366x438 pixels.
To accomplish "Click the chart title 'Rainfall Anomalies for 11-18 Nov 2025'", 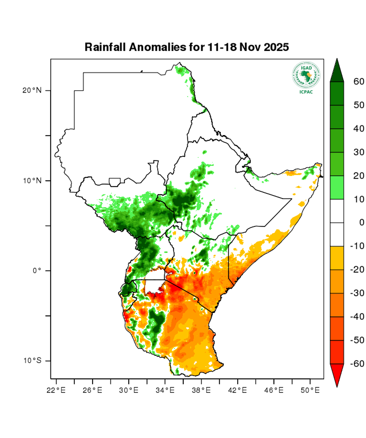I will coord(187,47).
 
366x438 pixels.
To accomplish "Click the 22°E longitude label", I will coord(56,390).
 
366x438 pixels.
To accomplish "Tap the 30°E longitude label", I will coord(129,390).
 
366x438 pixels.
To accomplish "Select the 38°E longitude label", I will coord(201,390).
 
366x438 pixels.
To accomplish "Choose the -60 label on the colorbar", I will coord(357,364).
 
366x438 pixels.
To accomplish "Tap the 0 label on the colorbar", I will coord(361,223).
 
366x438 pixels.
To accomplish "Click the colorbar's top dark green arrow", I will coord(337,72).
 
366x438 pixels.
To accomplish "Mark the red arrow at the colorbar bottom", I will coord(337,374).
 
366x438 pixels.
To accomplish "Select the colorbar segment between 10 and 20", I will coord(337,188).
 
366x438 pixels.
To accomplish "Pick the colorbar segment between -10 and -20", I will coord(337,258).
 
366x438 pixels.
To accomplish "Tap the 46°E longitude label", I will coord(274,390).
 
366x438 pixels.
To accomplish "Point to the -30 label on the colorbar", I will coord(357,293).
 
